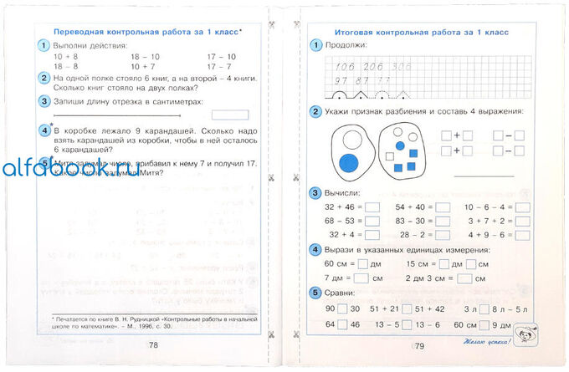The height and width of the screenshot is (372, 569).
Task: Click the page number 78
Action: point(153,344)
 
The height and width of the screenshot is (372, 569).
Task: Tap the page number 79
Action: point(419,345)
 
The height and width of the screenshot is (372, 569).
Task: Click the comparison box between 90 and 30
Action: point(330,310)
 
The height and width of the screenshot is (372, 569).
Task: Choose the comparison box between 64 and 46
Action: point(330,324)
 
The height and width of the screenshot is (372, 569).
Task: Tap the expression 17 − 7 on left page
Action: point(219,65)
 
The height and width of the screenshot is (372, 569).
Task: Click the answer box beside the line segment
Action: point(229,115)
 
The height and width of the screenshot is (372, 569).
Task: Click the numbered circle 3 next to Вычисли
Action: point(315,193)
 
